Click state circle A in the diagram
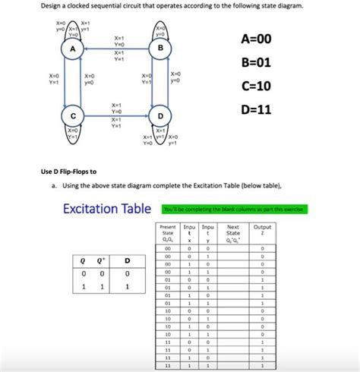(73, 49)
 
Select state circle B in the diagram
(160, 49)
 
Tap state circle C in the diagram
(73, 116)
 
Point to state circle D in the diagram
(160, 116)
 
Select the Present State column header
(168, 232)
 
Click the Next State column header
(232, 232)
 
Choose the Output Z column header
(262, 230)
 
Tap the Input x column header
(189, 232)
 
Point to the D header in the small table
(128, 261)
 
